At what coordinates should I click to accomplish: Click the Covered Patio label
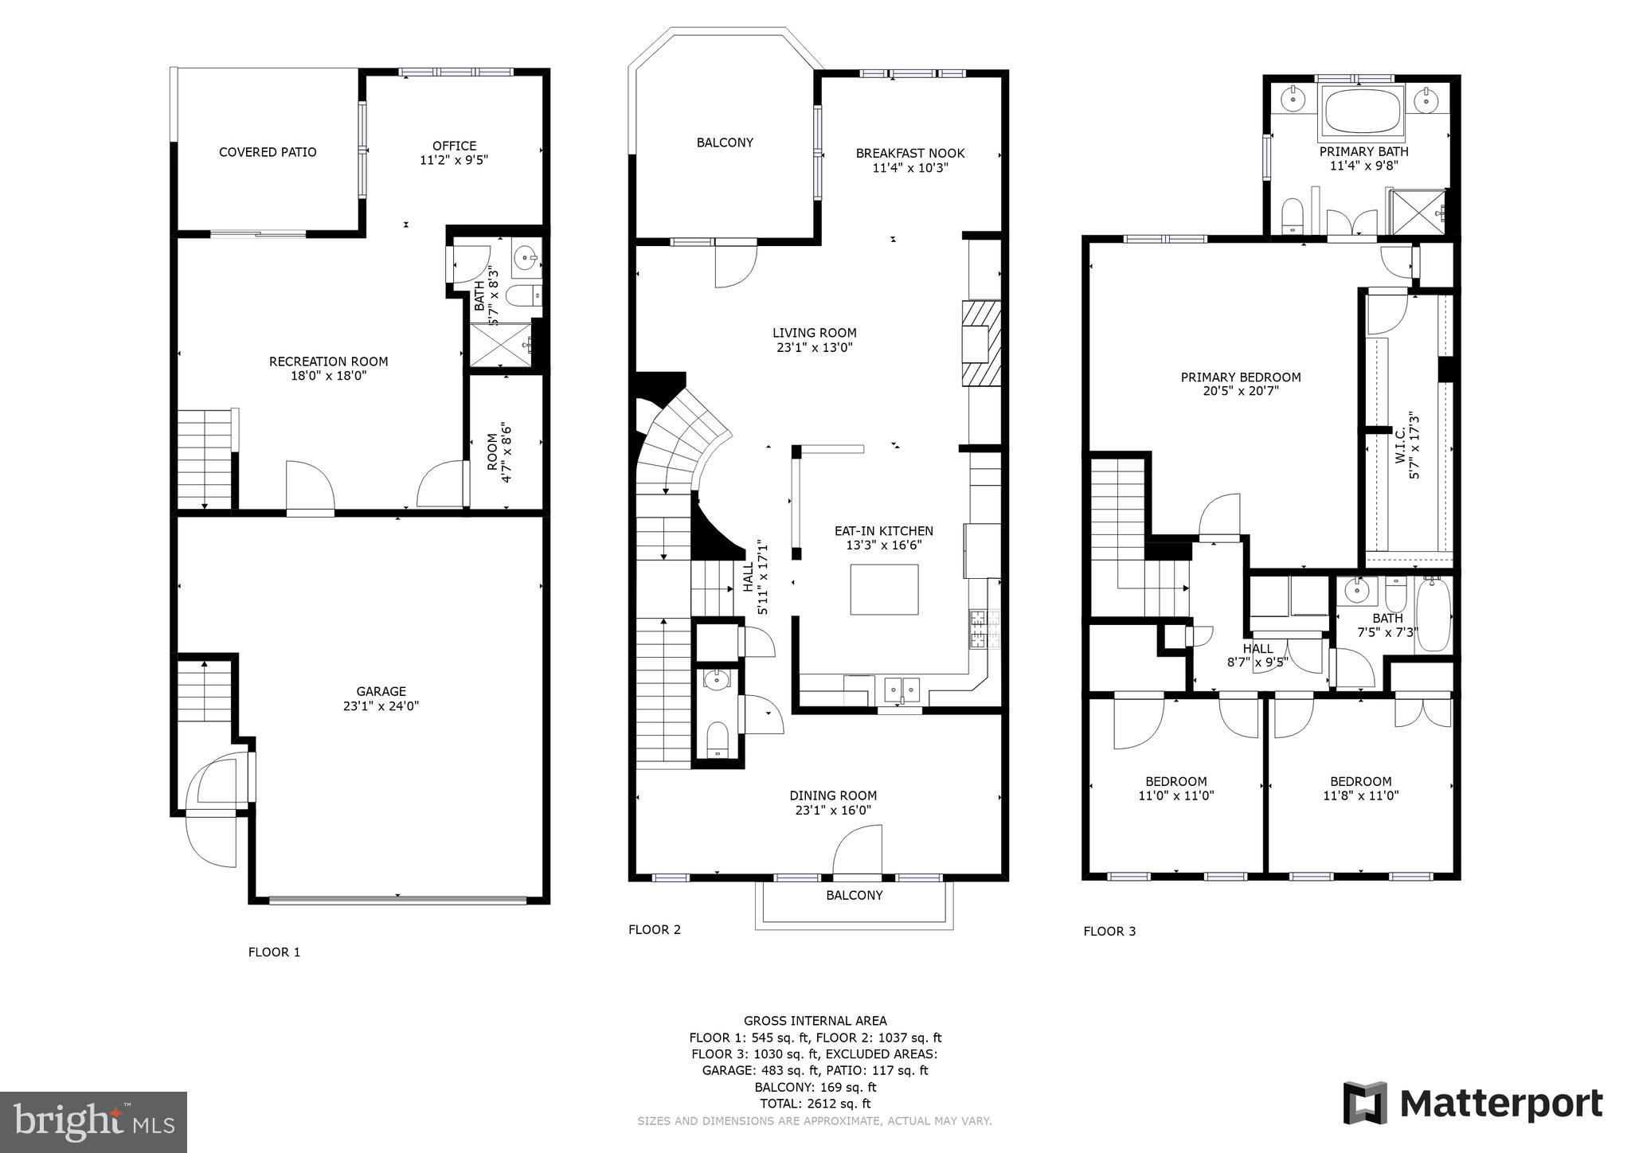coord(268,152)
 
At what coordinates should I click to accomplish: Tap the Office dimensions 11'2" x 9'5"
coord(454,160)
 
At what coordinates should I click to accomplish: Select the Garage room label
coord(381,692)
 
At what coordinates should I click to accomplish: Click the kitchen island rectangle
coord(884,589)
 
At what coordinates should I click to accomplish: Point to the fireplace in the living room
coord(981,343)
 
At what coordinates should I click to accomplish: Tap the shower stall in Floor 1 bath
coord(499,345)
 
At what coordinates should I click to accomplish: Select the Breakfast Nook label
coord(909,153)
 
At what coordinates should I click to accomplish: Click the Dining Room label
coord(833,795)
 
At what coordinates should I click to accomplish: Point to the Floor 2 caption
coord(654,929)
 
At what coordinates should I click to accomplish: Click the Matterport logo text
coord(1500,1104)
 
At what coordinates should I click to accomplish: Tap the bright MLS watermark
coord(94,1123)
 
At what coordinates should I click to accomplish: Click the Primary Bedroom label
coord(1240,377)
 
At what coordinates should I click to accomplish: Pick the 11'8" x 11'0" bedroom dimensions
coord(1360,795)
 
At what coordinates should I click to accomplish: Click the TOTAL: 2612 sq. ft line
coord(815,1104)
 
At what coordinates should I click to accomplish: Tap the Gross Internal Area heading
coord(815,1021)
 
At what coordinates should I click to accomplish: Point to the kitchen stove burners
coord(978,627)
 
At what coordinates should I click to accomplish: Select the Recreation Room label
coord(328,362)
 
